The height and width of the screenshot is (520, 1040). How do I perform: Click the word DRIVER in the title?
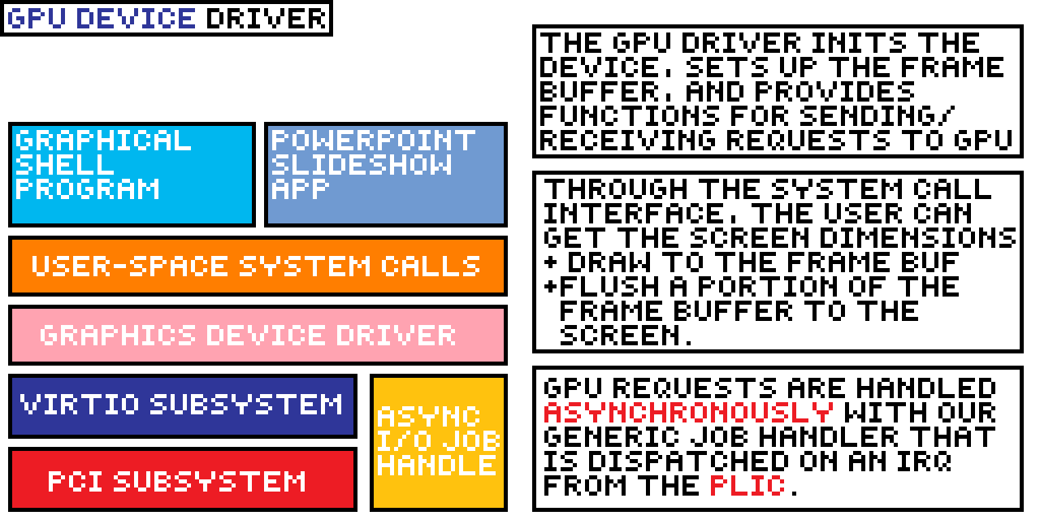[x=265, y=18]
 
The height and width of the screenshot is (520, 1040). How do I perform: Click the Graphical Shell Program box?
[x=132, y=175]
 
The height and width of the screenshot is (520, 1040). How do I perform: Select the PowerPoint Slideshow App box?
[x=386, y=175]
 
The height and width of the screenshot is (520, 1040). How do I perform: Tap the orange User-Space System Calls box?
[x=257, y=266]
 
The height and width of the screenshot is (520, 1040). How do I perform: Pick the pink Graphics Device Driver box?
[x=257, y=335]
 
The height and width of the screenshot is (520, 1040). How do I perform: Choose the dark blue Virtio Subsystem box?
[x=183, y=405]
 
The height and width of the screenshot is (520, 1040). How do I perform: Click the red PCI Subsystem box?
[x=183, y=479]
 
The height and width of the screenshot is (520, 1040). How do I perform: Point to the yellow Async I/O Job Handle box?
[x=439, y=443]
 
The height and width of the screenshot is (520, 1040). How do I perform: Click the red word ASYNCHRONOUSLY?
[x=688, y=412]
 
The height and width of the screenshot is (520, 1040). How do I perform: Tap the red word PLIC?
[x=747, y=486]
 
